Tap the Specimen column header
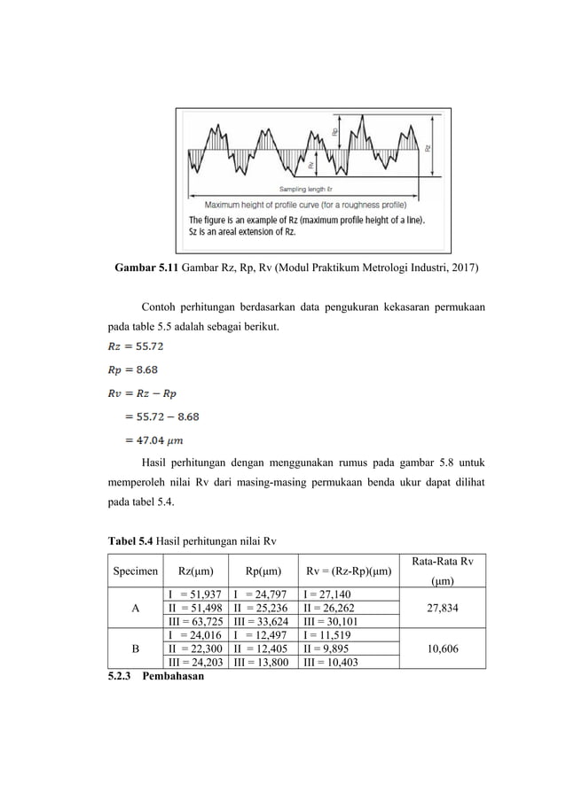tap(135, 571)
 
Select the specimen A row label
tap(135, 610)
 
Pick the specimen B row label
tap(135, 649)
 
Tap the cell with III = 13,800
tap(263, 662)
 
